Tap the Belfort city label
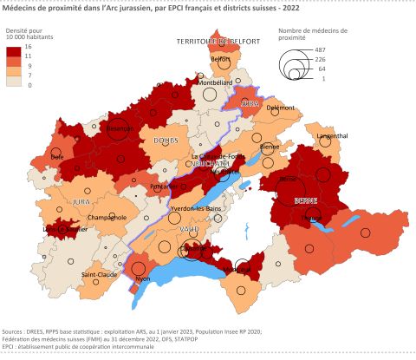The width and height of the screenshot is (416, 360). pyautogui.click(x=220, y=59)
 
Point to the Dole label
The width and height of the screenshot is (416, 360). pyautogui.click(x=57, y=156)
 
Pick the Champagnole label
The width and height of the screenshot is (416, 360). pyautogui.click(x=107, y=217)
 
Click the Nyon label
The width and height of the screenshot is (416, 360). pyautogui.click(x=143, y=278)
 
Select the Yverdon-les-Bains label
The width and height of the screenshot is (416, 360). pyautogui.click(x=196, y=211)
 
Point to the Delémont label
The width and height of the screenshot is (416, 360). pyautogui.click(x=280, y=108)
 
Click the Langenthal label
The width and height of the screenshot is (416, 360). pyautogui.click(x=334, y=136)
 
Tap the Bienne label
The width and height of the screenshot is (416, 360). pyautogui.click(x=270, y=147)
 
